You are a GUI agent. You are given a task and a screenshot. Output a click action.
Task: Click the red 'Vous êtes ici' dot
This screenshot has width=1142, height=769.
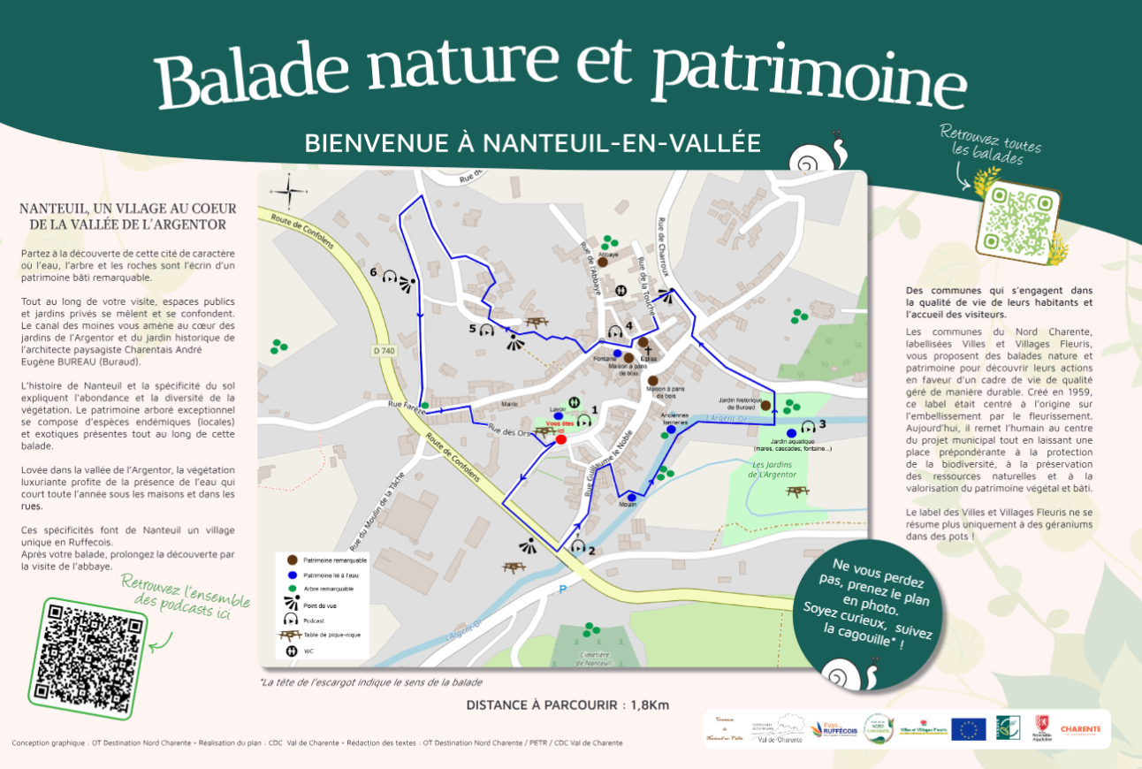click(560, 439)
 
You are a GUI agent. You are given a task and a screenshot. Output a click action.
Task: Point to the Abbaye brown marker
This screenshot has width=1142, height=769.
click(602, 262)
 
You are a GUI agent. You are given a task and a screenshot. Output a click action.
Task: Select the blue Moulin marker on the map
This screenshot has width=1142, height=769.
click(631, 498)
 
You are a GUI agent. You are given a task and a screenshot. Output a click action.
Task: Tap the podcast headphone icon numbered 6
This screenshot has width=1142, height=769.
click(388, 276)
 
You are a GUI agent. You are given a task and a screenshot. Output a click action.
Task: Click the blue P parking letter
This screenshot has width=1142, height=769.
click(561, 588)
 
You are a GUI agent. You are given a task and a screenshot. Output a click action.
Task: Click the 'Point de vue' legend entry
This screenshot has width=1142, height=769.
click(320, 605)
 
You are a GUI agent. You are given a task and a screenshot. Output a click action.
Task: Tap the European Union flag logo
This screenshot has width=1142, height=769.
click(969, 729)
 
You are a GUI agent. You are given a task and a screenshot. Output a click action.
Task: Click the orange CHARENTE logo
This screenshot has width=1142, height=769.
click(1080, 729)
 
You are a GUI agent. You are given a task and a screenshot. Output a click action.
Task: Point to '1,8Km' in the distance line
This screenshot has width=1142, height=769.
click(649, 705)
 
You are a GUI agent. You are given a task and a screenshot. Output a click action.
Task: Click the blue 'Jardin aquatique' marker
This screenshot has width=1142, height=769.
click(791, 433)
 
